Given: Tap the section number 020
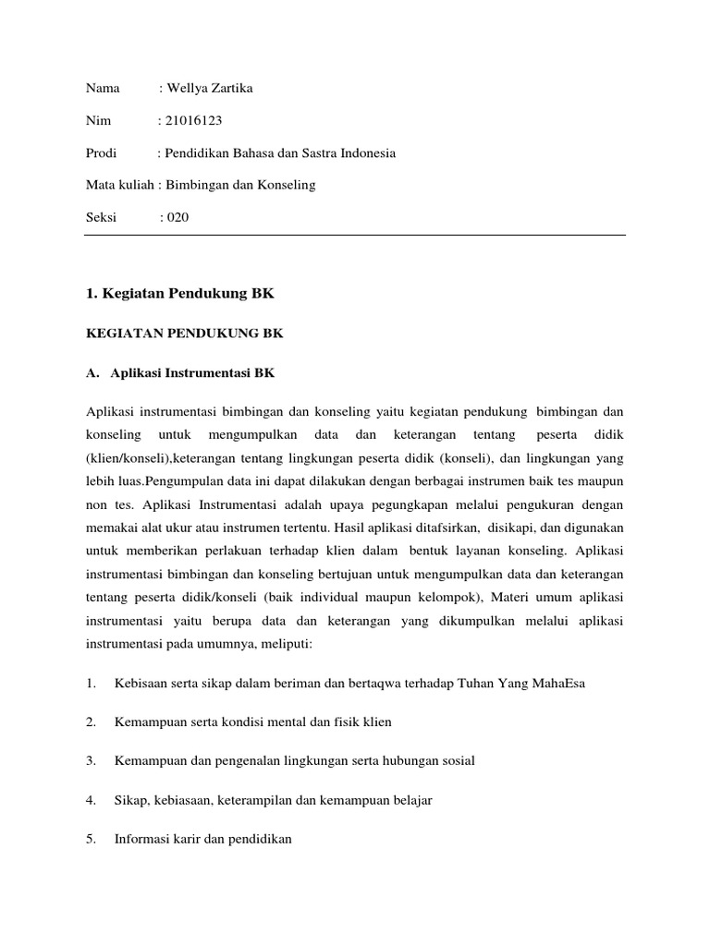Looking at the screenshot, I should coord(177,217).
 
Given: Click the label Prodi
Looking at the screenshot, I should coord(100,152).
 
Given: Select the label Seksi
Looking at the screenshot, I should coord(101,217).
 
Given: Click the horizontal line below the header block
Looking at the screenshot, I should coord(354,235).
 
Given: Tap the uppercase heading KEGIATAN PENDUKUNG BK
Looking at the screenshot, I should coord(184,334).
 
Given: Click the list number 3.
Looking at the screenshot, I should coord(91,761).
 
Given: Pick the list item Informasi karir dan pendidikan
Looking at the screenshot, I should coord(202,840).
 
